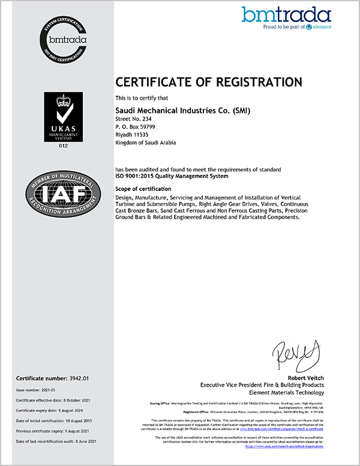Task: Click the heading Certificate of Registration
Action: (x=208, y=82)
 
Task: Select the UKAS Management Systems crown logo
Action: (x=63, y=116)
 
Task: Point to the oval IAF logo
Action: (x=63, y=193)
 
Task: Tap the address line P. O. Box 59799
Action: (x=135, y=127)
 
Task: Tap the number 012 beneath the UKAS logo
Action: (x=63, y=145)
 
